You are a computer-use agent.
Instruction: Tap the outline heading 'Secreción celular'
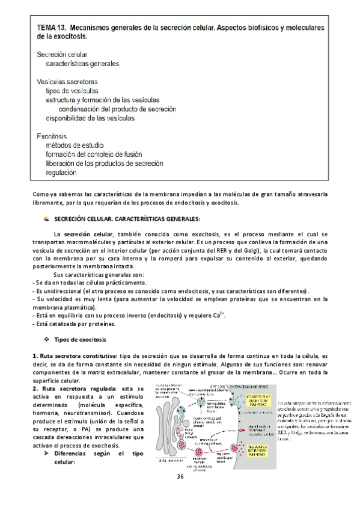click(x=62, y=54)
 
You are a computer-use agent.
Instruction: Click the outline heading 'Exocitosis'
click(x=52, y=136)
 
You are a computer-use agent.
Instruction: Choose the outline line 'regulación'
click(x=61, y=173)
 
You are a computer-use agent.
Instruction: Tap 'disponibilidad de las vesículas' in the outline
click(x=90, y=118)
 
